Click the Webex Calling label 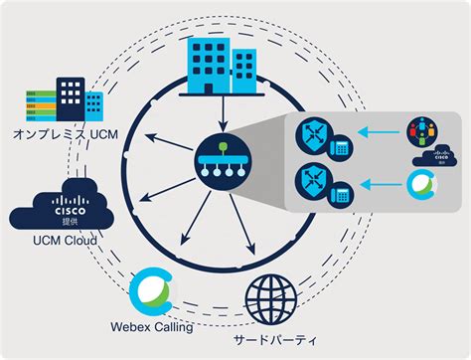tap(152, 324)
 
